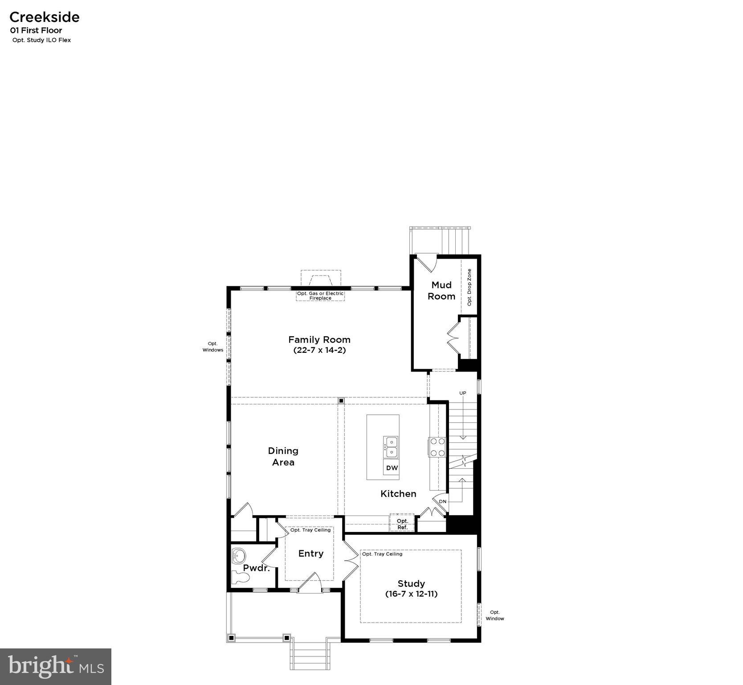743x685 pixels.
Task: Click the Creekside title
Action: point(45,17)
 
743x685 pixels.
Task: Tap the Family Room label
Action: point(319,339)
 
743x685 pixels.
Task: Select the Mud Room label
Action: point(441,290)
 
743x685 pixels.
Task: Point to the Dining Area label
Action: point(283,456)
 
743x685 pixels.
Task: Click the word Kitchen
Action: point(398,494)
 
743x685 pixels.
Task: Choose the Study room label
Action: point(411,583)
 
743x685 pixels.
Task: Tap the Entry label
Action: point(310,553)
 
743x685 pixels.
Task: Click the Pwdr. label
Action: point(256,568)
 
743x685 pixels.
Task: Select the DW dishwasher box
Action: point(392,468)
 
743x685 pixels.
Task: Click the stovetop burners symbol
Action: point(437,447)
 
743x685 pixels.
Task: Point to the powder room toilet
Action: point(241,578)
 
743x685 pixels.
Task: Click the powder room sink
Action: point(239,556)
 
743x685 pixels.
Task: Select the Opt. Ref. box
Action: point(402,524)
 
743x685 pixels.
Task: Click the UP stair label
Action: point(463,393)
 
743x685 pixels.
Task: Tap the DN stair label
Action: point(442,501)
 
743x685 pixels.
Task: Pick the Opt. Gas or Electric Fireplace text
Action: point(320,296)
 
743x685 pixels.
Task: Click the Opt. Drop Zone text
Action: point(469,287)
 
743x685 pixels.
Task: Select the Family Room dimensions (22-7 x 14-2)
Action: point(319,350)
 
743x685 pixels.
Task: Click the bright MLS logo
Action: point(56,666)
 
